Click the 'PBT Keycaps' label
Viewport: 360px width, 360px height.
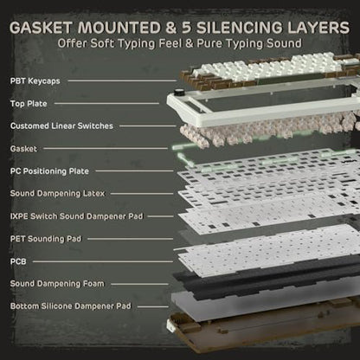point(35,81)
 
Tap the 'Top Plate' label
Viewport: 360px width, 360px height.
point(29,104)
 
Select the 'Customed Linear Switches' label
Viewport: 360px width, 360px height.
point(61,126)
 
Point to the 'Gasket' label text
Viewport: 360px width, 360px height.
point(23,149)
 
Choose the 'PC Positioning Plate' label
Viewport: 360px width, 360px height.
point(49,171)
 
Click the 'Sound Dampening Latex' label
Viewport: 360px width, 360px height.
point(57,193)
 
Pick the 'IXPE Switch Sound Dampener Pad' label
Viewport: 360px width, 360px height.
point(77,216)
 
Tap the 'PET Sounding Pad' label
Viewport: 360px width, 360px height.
point(46,239)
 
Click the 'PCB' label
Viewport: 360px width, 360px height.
point(18,261)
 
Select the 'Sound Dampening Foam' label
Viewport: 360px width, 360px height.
point(57,284)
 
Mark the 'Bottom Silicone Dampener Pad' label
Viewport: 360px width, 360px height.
point(71,306)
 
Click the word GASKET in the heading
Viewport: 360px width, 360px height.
point(41,28)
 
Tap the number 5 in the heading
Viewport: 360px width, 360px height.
point(188,28)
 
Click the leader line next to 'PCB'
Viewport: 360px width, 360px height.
point(103,261)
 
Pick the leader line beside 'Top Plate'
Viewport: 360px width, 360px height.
point(106,103)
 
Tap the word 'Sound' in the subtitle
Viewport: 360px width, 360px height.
point(284,43)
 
